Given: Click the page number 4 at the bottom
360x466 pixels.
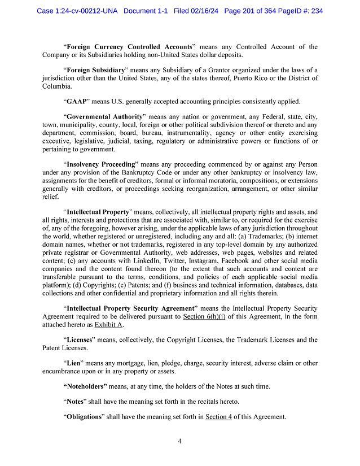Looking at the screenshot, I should click(179, 442).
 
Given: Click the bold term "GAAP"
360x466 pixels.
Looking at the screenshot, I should click(76, 102).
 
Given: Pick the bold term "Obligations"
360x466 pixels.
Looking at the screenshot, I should click(85, 417).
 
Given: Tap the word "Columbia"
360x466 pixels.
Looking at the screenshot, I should click(58, 86).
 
